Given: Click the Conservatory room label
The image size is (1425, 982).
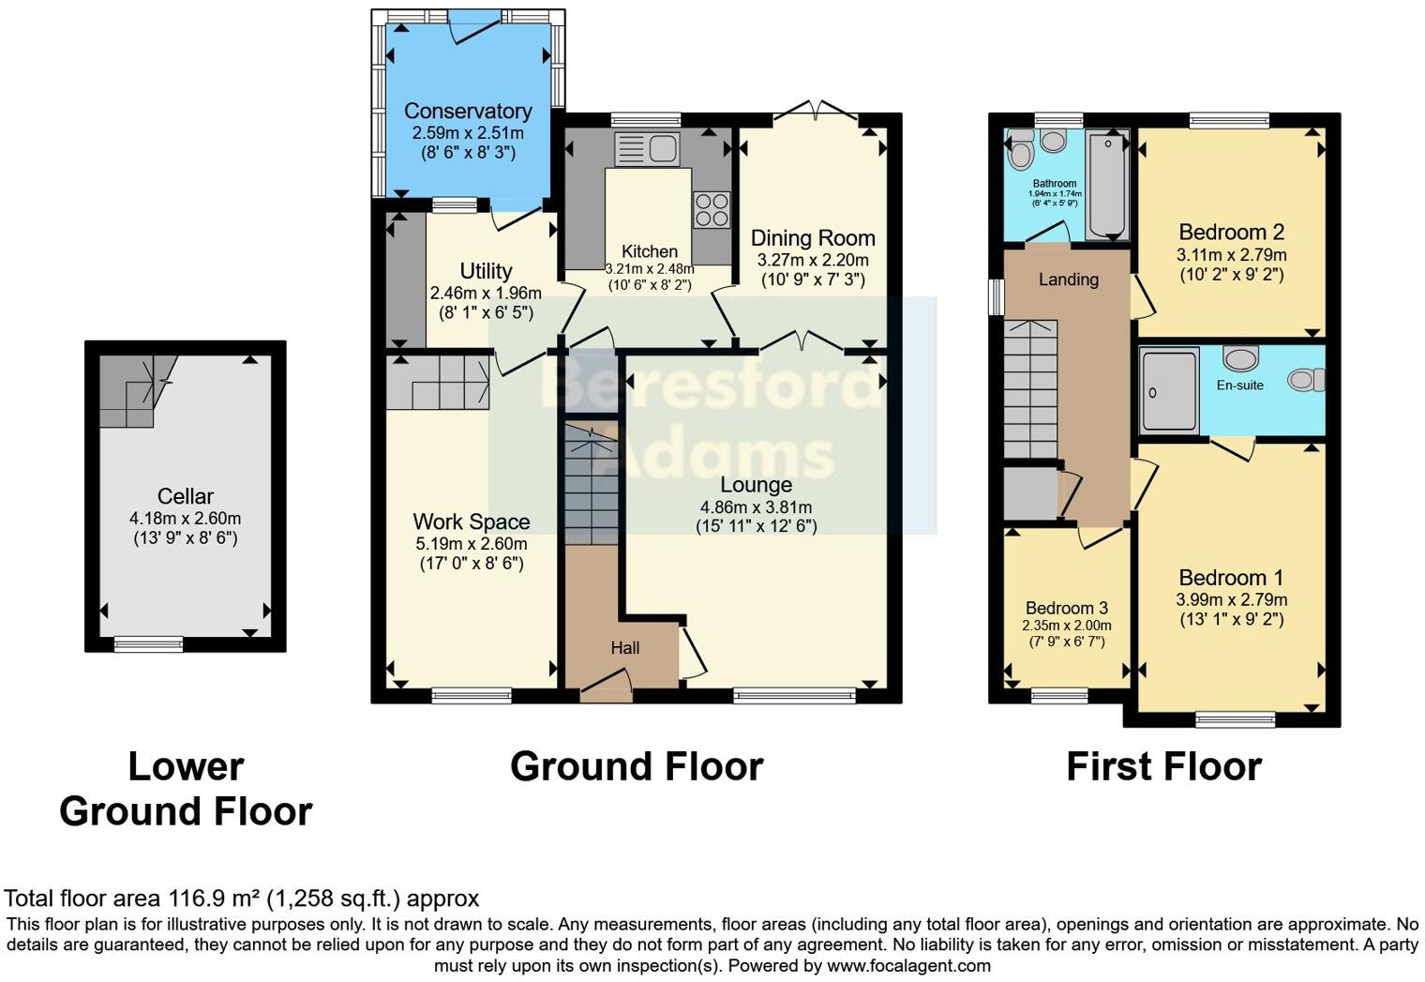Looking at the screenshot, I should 468,111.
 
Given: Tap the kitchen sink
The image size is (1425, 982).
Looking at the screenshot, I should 647,149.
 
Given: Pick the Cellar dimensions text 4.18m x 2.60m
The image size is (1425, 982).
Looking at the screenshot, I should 186,518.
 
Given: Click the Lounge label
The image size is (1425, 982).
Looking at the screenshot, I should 756,485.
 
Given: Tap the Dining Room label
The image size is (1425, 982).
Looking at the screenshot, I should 813,238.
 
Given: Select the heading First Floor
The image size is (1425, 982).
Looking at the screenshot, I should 1163,766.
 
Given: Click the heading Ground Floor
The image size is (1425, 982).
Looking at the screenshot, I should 637,766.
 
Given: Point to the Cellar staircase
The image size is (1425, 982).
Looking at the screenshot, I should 131,390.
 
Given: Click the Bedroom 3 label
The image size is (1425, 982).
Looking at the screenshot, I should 1066,608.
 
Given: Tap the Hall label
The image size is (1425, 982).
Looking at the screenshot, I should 625,648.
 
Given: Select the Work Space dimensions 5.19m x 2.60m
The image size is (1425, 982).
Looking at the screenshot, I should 472,543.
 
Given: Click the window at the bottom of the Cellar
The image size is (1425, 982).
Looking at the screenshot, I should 148,643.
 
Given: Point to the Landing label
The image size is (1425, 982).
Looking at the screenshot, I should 1068,279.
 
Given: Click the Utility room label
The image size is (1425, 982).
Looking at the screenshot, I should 486,271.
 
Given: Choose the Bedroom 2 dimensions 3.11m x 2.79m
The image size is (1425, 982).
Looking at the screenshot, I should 1231,255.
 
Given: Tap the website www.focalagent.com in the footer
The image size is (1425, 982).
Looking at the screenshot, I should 907,965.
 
